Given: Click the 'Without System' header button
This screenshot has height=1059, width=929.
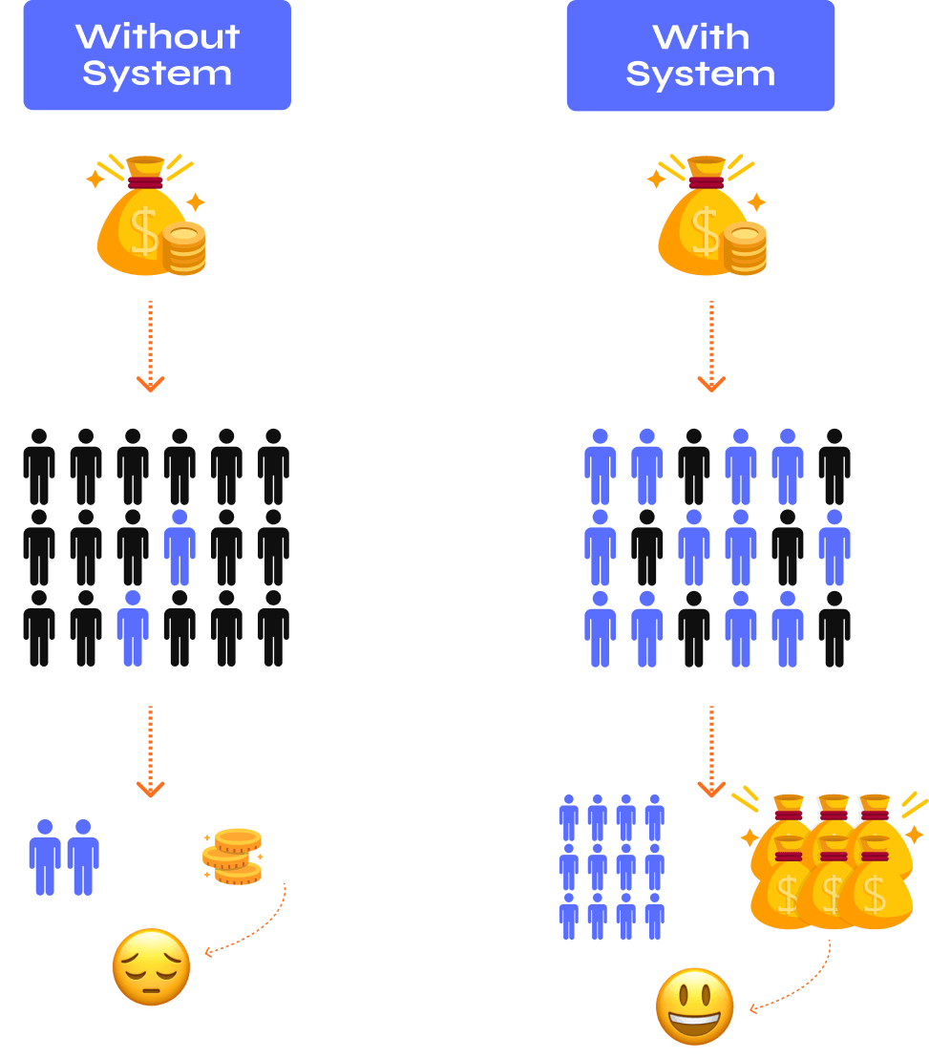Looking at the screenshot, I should pos(157,55).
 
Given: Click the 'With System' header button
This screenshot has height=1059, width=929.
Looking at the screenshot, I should pos(700,55).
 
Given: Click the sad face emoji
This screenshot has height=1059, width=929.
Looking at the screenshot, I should pos(151,968).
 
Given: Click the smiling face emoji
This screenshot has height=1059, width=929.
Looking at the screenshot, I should pos(695,1007).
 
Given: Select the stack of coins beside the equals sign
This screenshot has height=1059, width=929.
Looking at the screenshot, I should pos(233,856).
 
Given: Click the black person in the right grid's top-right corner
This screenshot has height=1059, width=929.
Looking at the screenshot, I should pos(834,467).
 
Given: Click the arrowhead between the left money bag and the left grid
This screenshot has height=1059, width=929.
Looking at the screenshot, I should pos(150,384).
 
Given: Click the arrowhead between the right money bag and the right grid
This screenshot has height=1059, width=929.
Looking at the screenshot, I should pos(710,384).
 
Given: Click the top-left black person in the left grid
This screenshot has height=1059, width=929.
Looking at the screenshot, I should pos(39,467).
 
